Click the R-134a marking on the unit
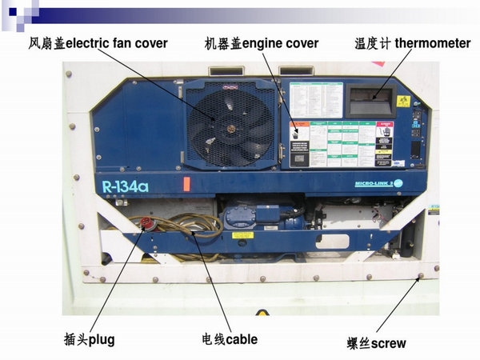[x=126, y=187]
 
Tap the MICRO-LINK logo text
[x=376, y=184]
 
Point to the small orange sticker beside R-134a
[x=186, y=184]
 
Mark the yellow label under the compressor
[x=242, y=235]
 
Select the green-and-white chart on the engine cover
[x=341, y=144]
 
